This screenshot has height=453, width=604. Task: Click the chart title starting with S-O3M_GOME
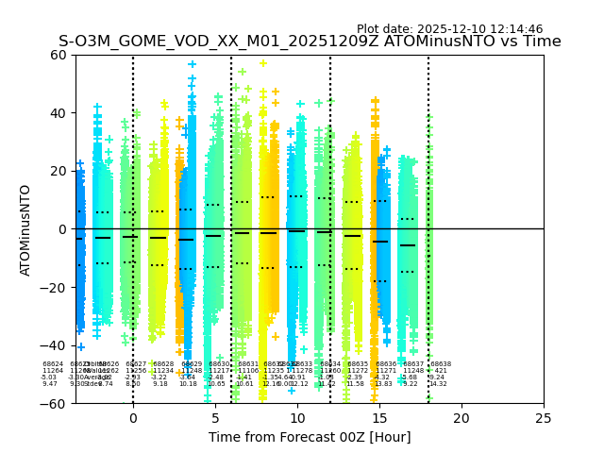coord(310,42)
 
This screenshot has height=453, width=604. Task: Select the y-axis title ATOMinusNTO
coord(25,229)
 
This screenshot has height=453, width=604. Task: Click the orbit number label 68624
coord(53,364)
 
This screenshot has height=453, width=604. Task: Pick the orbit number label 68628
coord(163,364)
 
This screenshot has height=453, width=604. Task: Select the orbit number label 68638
coord(441,364)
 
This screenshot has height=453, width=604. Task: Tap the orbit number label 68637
coord(413,364)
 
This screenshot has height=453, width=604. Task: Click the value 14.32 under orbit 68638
coord(438,384)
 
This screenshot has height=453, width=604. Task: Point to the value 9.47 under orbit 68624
coord(50,384)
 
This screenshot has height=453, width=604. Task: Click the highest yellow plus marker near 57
coord(263,63)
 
